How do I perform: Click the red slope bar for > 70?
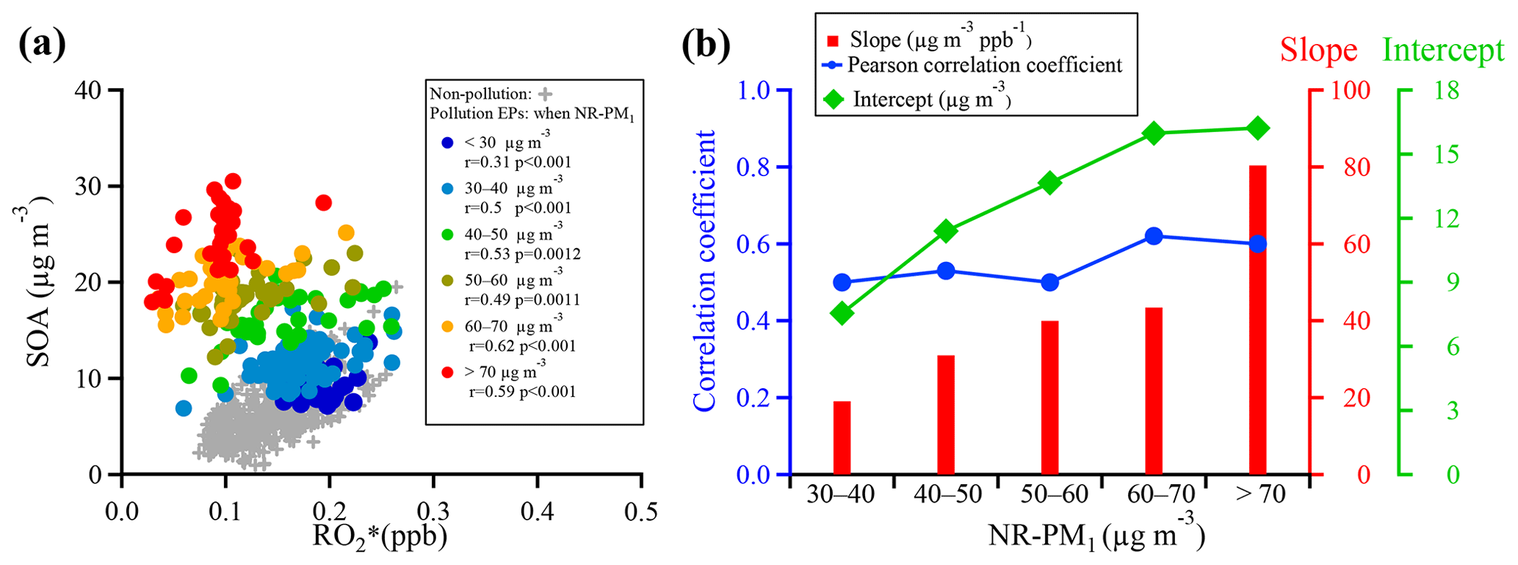1257,320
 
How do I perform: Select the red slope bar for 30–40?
842,437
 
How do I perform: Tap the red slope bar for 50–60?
1049,397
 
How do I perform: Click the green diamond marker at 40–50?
946,231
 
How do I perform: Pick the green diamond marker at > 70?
1257,128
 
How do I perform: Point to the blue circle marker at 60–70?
1153,236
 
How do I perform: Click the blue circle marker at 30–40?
842,282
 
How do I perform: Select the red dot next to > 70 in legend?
447,373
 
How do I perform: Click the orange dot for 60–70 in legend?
447,327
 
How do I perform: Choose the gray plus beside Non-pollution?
544,94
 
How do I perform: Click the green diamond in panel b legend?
834,99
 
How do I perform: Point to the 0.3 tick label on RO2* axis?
433,510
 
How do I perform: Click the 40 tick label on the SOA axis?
90,91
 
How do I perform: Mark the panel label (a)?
42,44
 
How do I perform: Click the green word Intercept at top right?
1443,50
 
